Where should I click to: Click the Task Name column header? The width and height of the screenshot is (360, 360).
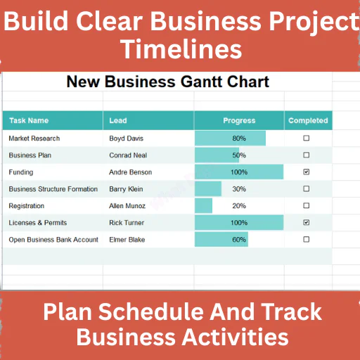pos(29,120)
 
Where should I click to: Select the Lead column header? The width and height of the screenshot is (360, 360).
pos(118,120)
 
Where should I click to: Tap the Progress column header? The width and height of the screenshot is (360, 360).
pos(239,120)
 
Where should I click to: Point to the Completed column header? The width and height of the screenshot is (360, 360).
pos(308,120)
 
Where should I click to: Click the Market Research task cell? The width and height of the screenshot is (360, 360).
pos(34,139)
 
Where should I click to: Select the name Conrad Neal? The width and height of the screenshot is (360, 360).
pos(128,155)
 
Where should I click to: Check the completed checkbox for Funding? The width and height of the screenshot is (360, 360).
pos(306,172)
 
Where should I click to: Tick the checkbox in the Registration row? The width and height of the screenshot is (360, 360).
pos(306,205)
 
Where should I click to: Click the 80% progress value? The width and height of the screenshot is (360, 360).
pos(239,139)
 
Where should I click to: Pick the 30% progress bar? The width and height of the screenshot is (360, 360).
pos(208,188)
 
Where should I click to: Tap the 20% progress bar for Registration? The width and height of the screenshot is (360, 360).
pos(203,205)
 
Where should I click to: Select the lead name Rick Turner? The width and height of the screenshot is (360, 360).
pos(127,223)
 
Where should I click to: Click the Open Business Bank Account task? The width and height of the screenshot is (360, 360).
pos(53,240)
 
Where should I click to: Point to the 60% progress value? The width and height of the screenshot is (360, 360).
pos(239,240)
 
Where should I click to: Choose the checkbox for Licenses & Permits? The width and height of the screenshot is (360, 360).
pos(306,222)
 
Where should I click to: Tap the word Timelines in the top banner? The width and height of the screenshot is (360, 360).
pos(181,49)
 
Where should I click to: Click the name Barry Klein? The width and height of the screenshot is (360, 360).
pos(126,189)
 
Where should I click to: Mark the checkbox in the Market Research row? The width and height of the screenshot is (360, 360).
pos(306,138)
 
